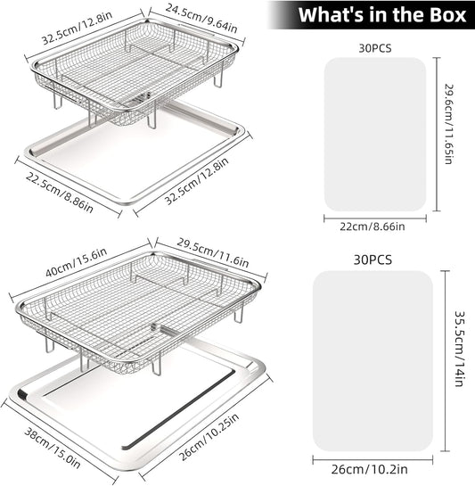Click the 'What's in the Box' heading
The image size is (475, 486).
[382, 14]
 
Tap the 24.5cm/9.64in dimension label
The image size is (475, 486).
[201, 19]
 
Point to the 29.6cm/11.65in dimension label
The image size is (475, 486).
[449, 124]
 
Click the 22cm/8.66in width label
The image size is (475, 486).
[373, 227]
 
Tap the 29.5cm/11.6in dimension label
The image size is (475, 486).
[213, 252]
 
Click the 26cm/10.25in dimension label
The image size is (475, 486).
[209, 437]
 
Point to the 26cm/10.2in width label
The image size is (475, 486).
[369, 469]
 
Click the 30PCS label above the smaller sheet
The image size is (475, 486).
[375, 48]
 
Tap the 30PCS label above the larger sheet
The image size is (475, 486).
[373, 259]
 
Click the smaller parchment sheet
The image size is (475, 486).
[375, 135]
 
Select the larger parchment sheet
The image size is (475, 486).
[373, 361]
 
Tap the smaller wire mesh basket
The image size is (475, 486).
[135, 71]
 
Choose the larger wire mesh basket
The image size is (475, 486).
[137, 310]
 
